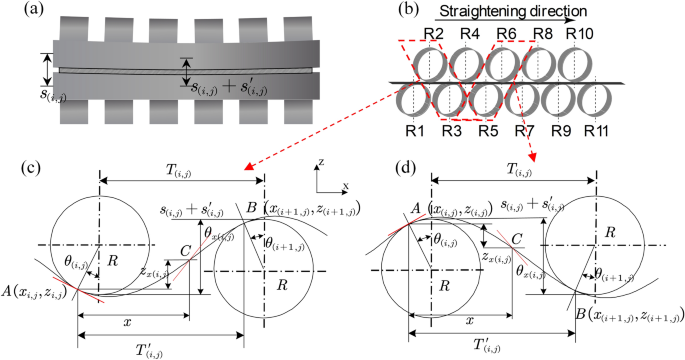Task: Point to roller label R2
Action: [x=433, y=35]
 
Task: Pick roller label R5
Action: [x=488, y=130]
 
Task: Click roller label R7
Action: [x=525, y=130]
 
